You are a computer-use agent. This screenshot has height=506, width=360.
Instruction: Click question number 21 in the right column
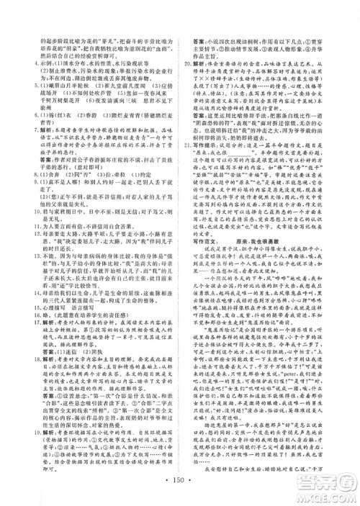pyautogui.click(x=186, y=162)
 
